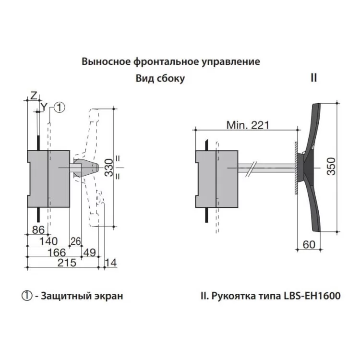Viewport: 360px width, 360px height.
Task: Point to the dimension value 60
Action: [x=309, y=245]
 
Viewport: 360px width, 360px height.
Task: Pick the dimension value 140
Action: [x=48, y=241]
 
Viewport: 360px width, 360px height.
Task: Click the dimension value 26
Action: [x=75, y=240]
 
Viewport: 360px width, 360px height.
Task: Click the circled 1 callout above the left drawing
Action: [x=59, y=108]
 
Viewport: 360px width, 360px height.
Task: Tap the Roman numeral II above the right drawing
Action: [x=313, y=77]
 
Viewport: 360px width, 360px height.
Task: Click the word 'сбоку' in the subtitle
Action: [x=170, y=78]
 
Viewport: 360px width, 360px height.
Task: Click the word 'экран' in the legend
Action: [x=109, y=296]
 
